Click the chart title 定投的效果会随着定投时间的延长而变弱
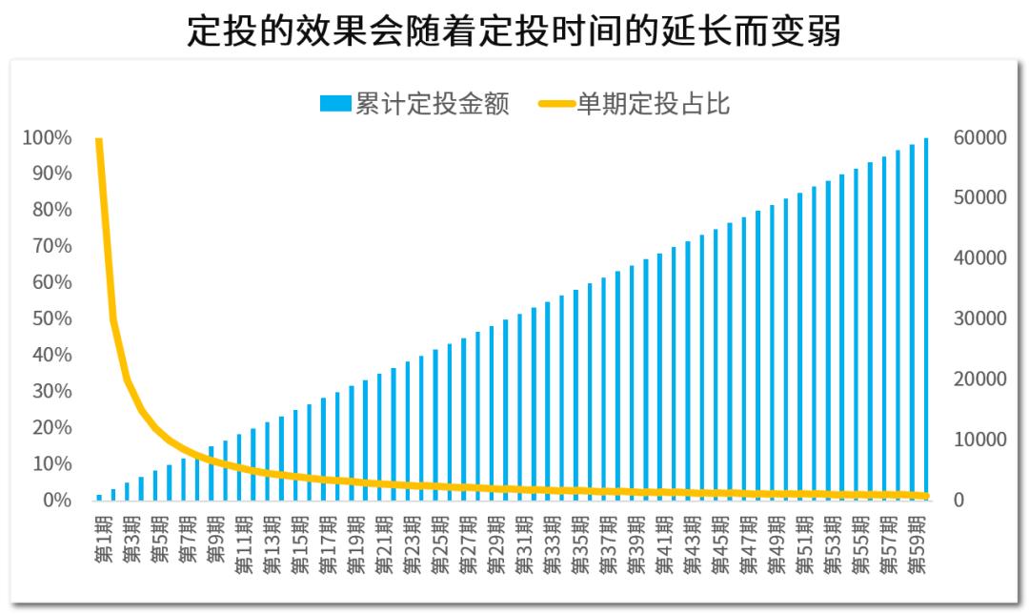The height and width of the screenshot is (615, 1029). (x=514, y=31)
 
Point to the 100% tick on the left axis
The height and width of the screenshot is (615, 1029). (x=47, y=138)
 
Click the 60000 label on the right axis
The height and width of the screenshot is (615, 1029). (x=979, y=138)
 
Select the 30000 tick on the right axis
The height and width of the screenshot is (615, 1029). (x=979, y=319)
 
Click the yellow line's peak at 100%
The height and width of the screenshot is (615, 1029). (x=99, y=140)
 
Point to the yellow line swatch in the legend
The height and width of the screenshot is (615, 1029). (x=557, y=104)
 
